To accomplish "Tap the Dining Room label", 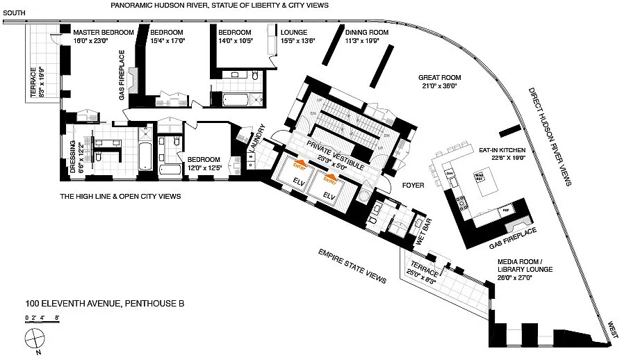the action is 363,33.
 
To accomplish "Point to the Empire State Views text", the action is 352,265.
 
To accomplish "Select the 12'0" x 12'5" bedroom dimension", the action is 204,167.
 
